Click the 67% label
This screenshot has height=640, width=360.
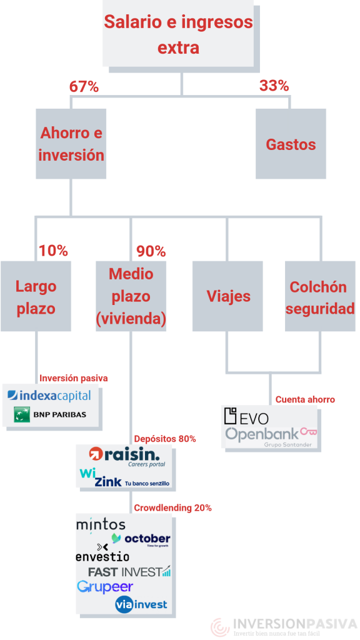tap(84, 86)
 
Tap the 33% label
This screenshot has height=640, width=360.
tap(274, 86)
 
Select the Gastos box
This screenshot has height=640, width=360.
tap(291, 144)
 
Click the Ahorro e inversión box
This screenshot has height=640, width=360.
tap(71, 144)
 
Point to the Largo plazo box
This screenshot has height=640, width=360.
tap(36, 296)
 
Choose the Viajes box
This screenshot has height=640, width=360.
tap(227, 296)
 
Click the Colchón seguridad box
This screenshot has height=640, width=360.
tap(320, 296)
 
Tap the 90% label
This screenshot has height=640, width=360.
tap(151, 251)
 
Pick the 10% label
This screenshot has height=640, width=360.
tap(53, 251)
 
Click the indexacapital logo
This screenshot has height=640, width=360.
tap(49, 395)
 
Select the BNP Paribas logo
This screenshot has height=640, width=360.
tap(50, 414)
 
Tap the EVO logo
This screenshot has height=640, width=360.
tap(246, 417)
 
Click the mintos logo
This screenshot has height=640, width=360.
tap(101, 525)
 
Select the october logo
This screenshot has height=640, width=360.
tap(141, 539)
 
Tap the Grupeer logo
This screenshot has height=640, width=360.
tap(105, 587)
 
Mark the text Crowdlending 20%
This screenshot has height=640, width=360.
tap(173, 508)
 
